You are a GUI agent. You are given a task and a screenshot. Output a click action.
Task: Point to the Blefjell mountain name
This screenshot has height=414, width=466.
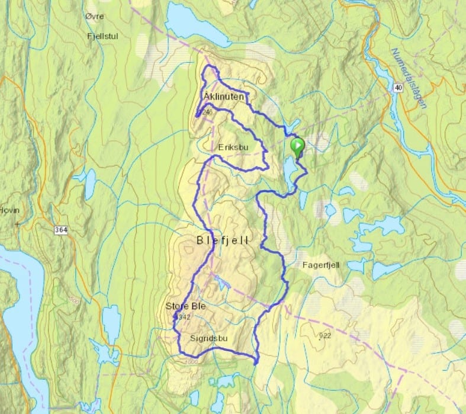point(223,240)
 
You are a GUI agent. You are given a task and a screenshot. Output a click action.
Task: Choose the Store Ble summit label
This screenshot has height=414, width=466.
point(186,306)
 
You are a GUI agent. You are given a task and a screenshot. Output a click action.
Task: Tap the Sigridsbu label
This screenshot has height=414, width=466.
point(210,339)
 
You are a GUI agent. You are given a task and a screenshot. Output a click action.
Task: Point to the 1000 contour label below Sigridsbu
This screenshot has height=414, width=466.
point(190,361)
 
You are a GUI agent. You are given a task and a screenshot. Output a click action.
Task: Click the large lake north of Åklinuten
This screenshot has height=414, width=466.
point(196,25)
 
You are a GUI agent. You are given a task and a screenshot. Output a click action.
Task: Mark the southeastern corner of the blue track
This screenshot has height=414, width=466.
point(256,362)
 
